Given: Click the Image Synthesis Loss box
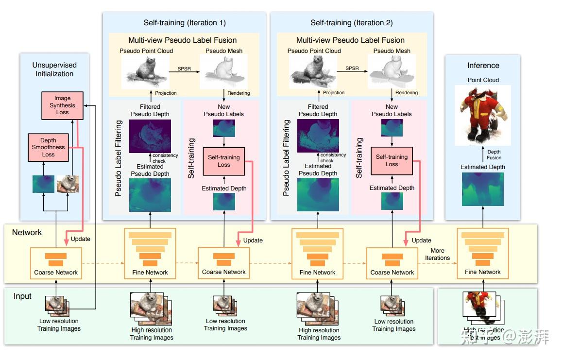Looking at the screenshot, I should tap(62, 105).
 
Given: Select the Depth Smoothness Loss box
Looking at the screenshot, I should tap(48, 147).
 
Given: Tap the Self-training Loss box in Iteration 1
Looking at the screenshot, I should tap(224, 161).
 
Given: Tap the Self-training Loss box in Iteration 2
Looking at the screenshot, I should tap(392, 160).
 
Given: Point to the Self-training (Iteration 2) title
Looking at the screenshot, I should tap(352, 23).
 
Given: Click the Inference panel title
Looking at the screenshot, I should tap(483, 66).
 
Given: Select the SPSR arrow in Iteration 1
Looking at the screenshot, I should tap(184, 71).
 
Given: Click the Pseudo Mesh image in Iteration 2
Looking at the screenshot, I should tap(392, 71).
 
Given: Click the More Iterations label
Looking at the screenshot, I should tap(437, 254).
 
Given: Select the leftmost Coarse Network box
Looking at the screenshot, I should tap(56, 263).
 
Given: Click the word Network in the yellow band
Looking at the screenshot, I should tap(27, 233).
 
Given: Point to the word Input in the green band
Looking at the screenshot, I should tap(22, 296).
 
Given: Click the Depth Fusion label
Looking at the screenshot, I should tap(494, 155).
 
